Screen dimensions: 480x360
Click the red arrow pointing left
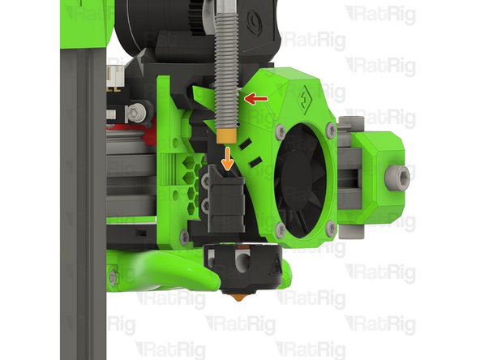256,99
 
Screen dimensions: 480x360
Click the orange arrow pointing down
228,158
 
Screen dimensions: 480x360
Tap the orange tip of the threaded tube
226,136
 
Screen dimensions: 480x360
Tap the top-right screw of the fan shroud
331,131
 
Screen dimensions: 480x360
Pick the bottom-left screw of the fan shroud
281,229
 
